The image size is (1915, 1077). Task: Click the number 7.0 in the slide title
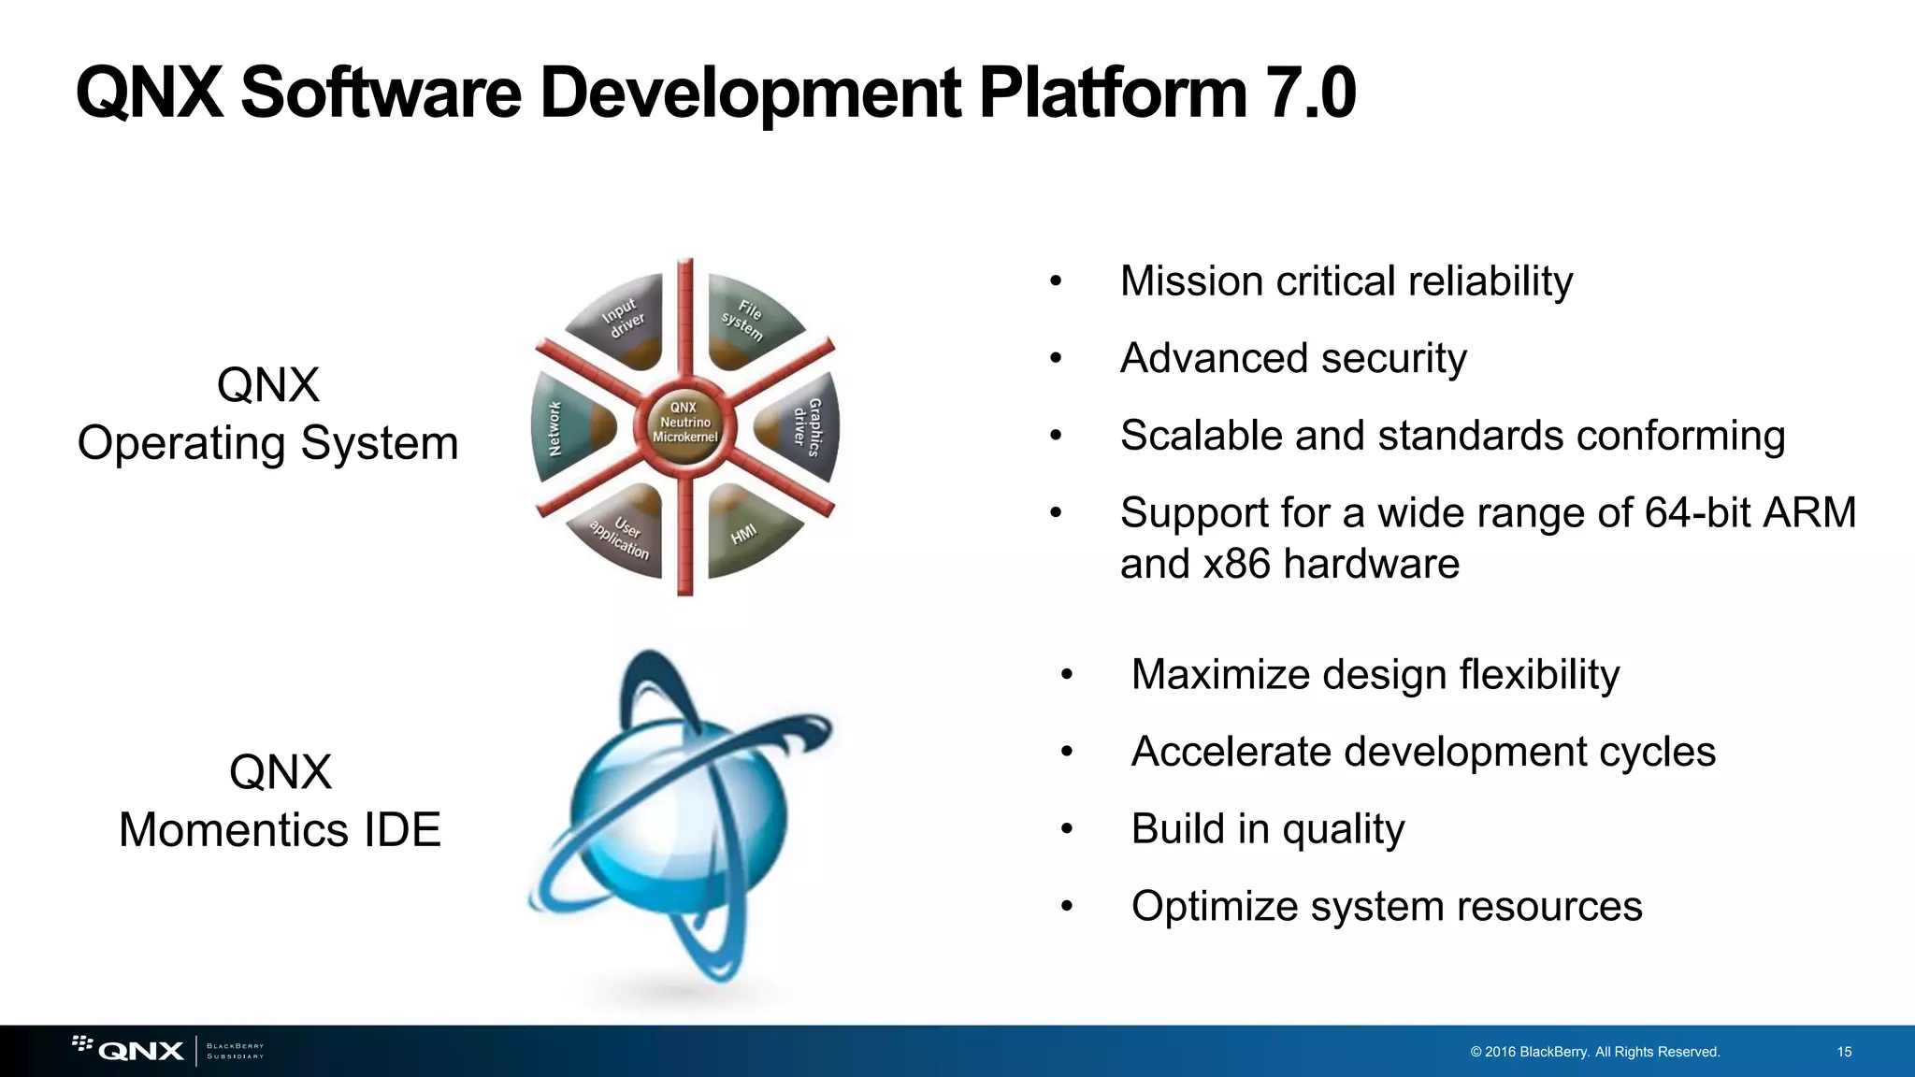(1309, 93)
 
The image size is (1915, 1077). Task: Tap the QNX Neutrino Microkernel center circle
(684, 423)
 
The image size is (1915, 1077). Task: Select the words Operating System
(267, 443)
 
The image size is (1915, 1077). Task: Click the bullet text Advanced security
(1293, 359)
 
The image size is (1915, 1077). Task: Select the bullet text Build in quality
(1267, 829)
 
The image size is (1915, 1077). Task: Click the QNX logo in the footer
(140, 1051)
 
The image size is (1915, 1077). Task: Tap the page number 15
(1844, 1052)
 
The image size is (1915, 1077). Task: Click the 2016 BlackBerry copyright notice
(1594, 1052)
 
